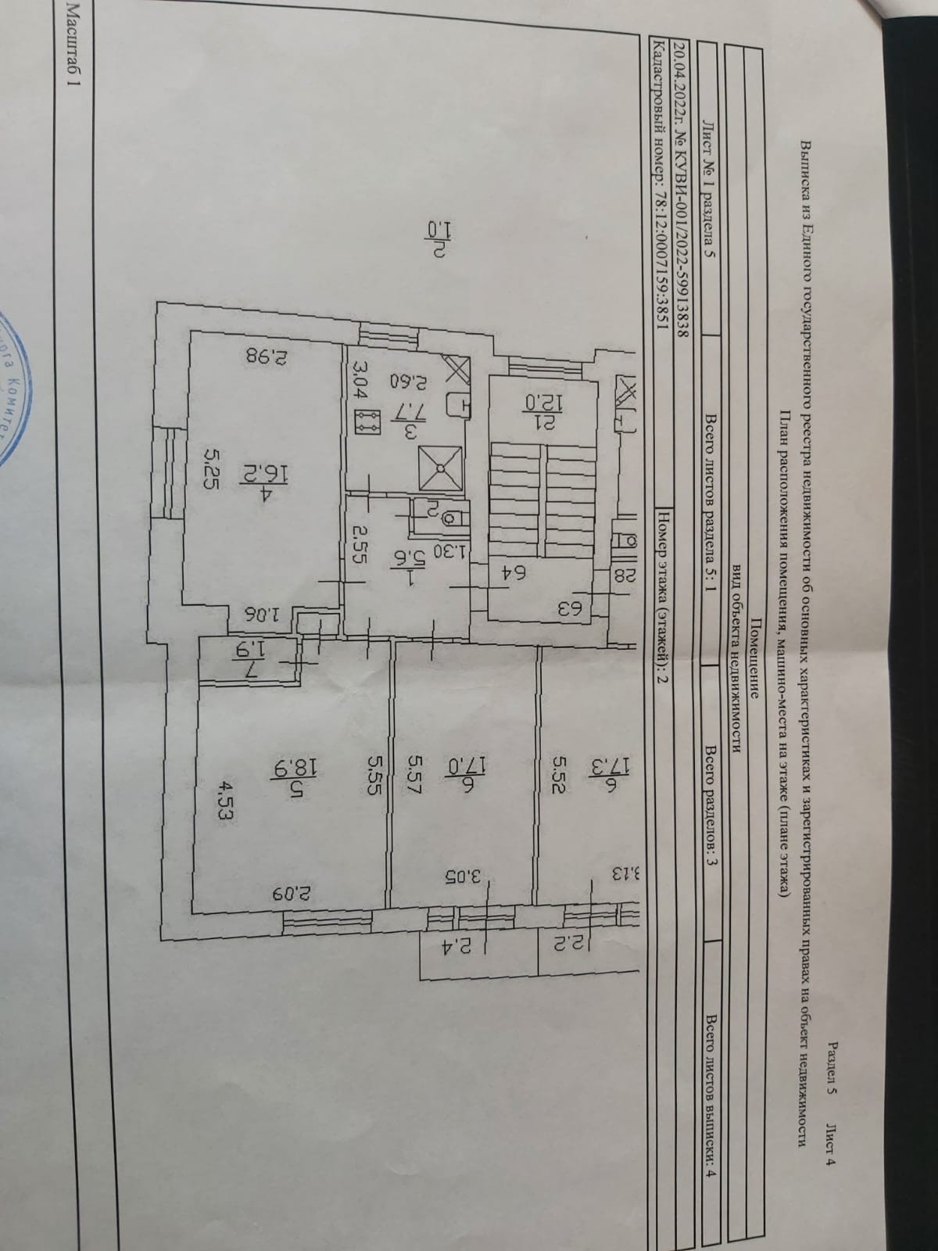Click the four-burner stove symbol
click(366, 424)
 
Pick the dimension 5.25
click(211, 467)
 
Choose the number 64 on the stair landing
click(516, 573)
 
